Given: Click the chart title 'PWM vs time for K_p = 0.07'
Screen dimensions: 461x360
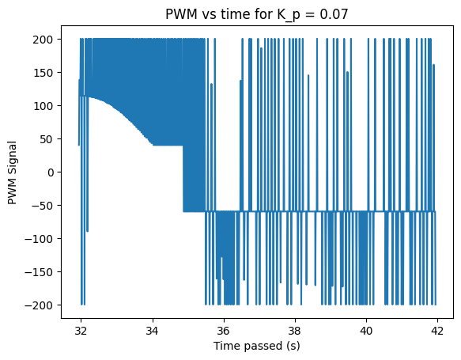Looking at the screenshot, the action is click(257, 14).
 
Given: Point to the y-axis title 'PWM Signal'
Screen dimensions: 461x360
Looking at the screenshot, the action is click(12, 173).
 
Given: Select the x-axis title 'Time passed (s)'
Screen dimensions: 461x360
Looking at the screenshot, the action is click(257, 346).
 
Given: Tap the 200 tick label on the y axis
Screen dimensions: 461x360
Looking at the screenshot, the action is click(43, 40).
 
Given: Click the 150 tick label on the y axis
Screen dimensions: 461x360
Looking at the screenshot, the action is click(43, 73).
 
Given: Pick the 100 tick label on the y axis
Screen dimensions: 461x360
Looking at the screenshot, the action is click(43, 106).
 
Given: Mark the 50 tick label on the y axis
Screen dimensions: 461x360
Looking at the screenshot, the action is click(46, 139).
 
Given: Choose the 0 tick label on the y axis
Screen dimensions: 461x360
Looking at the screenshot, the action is click(50, 172).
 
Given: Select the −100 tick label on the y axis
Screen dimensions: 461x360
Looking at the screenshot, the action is click(39, 239).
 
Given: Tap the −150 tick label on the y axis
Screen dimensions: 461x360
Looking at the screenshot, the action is click(39, 272).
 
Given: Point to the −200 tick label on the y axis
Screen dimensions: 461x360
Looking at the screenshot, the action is click(39, 305).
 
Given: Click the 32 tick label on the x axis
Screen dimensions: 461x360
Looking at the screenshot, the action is click(81, 332).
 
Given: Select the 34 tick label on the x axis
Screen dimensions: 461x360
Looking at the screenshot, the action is click(152, 332).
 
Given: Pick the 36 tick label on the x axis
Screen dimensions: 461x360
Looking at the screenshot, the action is click(224, 332).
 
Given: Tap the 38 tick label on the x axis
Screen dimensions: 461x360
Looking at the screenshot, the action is click(295, 332).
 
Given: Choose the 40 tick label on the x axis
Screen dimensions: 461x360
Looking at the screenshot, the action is click(366, 332).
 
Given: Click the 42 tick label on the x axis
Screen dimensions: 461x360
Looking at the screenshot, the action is click(437, 332).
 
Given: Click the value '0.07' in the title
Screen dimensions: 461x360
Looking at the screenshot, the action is click(334, 14).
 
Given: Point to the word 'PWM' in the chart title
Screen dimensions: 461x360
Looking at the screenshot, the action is click(181, 14).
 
